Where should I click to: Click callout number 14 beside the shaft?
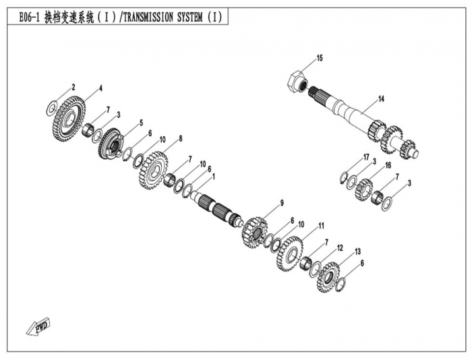coord(381,98)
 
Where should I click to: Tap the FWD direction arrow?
coord(38,326)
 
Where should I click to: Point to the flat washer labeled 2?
coord(51,108)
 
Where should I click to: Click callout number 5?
coord(141,123)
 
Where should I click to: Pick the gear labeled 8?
coord(154,171)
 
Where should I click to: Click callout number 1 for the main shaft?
coord(214,177)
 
